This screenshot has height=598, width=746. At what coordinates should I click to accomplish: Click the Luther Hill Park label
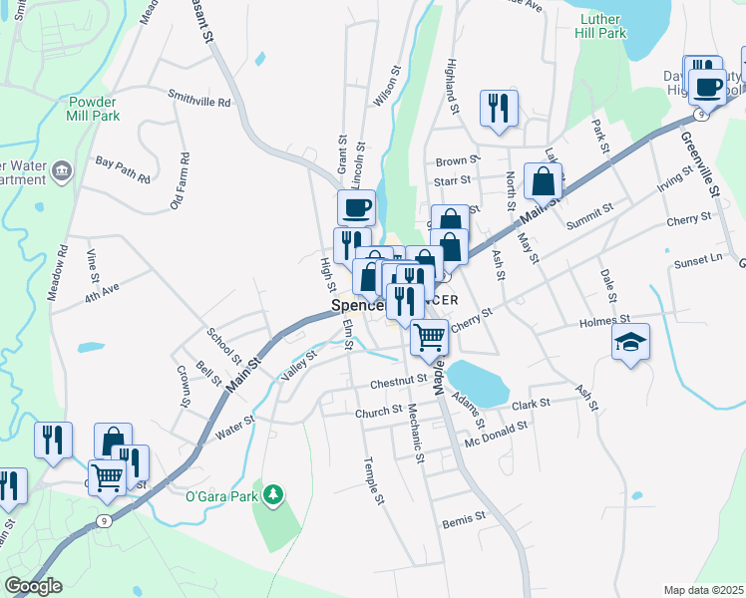600,25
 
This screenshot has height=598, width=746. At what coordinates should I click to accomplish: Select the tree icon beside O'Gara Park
272,492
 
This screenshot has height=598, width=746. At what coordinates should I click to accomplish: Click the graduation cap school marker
630,342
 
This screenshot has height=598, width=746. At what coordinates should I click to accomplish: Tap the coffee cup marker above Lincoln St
356,207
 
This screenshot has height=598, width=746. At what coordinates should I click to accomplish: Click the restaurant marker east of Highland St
499,107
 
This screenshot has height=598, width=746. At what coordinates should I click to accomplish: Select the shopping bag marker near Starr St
543,180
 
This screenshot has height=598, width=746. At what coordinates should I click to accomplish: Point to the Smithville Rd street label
198,102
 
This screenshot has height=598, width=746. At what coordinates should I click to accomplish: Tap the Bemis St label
465,518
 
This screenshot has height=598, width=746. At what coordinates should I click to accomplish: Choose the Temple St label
374,481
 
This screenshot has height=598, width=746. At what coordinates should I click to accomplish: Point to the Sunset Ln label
696,259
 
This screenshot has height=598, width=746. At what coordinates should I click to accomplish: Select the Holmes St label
604,322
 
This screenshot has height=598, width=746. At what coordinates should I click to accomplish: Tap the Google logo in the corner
33,586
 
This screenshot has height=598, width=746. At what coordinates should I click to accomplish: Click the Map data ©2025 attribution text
703,590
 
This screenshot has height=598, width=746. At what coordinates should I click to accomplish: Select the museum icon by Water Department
63,170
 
